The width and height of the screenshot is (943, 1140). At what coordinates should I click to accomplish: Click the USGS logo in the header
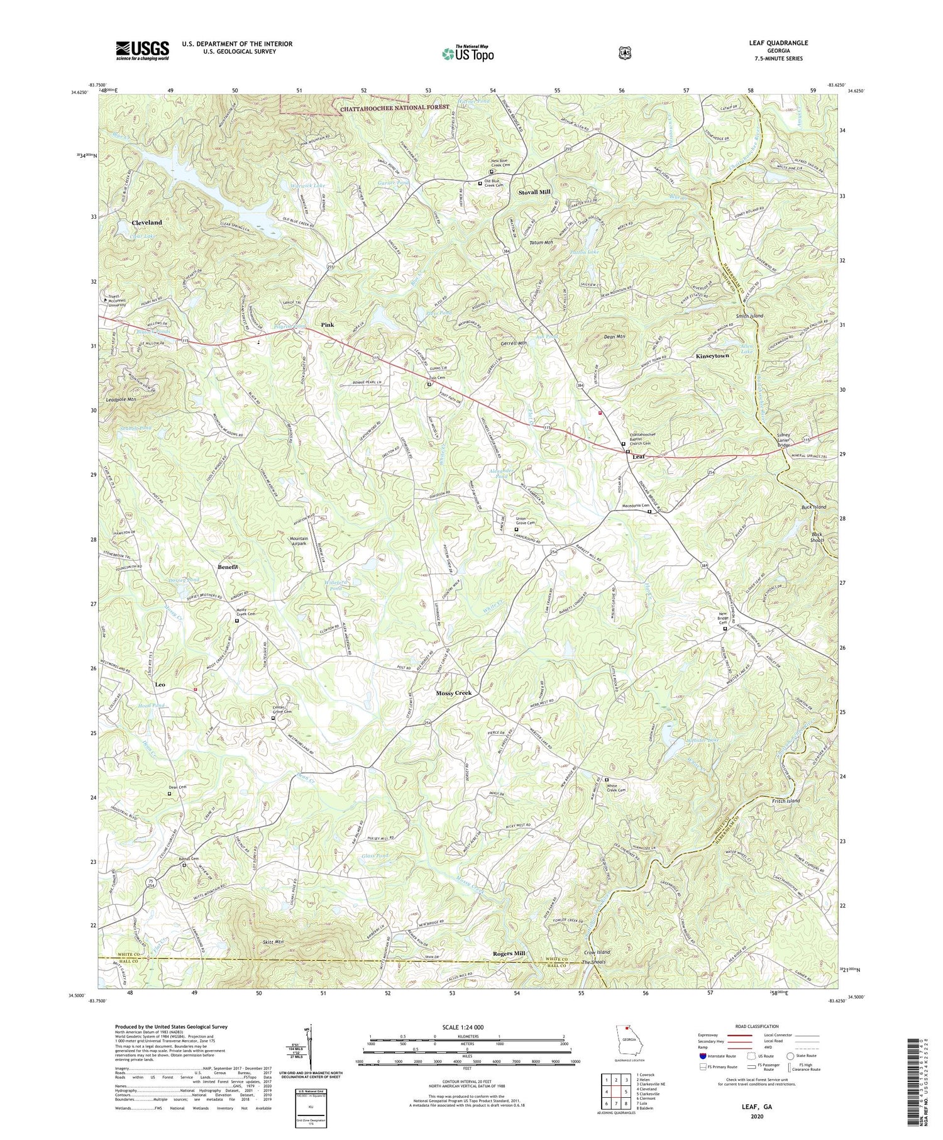142,50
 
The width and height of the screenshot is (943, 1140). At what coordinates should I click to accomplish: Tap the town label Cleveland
146,223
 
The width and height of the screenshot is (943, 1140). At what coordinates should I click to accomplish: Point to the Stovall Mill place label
534,192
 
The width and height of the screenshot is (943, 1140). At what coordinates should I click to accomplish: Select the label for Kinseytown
712,356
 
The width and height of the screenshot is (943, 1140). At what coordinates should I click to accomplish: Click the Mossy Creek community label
453,693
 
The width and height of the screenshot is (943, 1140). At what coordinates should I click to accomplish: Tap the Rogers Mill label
508,953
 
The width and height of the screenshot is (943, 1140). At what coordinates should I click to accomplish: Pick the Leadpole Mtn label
121,399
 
